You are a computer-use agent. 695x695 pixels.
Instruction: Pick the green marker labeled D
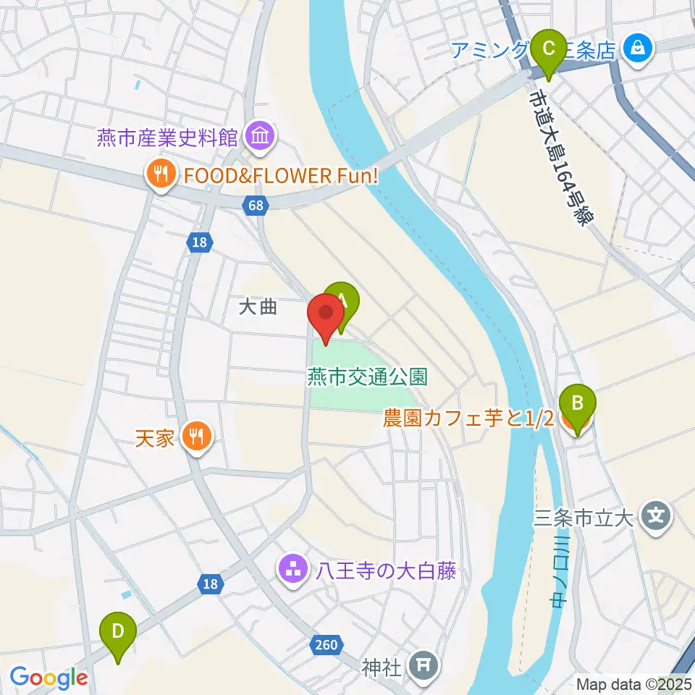118,635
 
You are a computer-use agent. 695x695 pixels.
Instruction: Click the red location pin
326,317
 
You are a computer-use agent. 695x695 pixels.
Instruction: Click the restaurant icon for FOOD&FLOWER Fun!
159,174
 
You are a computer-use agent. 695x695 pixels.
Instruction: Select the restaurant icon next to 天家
195,437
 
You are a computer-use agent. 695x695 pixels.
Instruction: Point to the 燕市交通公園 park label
367,376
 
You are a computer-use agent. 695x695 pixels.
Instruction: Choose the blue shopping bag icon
637,49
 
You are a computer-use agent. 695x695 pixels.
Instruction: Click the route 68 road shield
255,206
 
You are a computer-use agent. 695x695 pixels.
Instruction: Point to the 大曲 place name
258,308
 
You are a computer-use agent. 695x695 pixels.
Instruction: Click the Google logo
49,678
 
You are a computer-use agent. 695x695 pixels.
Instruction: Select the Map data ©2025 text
633,683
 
